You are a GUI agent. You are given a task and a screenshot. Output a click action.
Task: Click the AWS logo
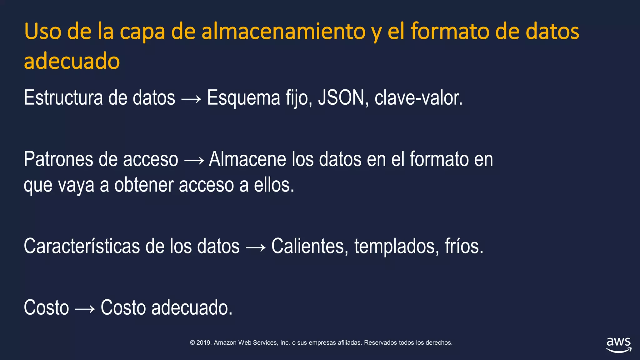point(618,345)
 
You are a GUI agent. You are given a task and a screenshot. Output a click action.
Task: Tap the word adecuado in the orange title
point(72,61)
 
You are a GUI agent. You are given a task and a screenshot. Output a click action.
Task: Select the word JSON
point(341,98)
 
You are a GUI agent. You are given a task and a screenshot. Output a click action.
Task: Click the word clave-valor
point(418,98)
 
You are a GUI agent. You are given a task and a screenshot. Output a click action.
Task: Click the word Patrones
point(58,159)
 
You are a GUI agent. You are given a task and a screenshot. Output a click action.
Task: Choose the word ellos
point(274,185)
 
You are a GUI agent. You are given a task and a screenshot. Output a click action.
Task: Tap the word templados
point(394,247)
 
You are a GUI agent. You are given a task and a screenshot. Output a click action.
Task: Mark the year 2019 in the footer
point(203,343)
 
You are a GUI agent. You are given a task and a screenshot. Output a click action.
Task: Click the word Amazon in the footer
point(225,343)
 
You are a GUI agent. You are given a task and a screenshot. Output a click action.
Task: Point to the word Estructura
point(63,98)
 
